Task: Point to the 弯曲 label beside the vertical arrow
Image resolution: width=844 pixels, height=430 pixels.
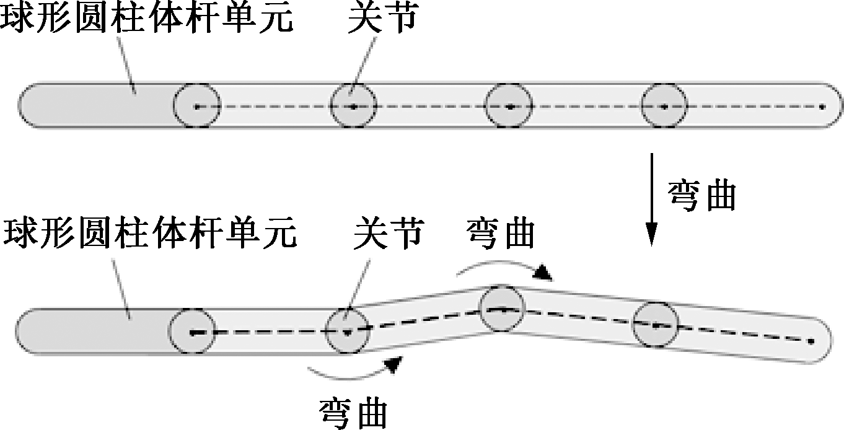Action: (x=702, y=196)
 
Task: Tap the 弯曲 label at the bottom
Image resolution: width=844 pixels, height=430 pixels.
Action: (x=354, y=412)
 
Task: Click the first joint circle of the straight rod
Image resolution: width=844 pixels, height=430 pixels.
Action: (x=196, y=107)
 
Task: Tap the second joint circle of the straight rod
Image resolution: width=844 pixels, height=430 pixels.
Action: (x=353, y=107)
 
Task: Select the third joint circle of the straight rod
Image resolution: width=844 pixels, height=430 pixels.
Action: (x=509, y=107)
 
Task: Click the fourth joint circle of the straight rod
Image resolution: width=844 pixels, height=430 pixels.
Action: (x=664, y=107)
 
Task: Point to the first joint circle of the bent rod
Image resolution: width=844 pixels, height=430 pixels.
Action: (x=193, y=333)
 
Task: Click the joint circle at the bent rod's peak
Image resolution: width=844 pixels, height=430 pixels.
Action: (x=503, y=308)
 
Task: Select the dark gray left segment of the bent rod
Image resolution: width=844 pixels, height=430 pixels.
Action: (x=93, y=332)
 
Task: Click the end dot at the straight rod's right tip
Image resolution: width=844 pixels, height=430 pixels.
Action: (x=822, y=107)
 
